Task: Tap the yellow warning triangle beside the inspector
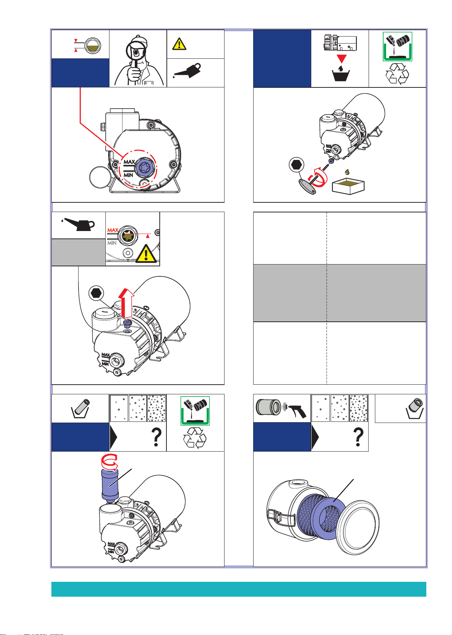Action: click(179, 44)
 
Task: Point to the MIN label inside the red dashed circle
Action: click(128, 175)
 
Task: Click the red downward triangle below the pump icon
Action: click(342, 59)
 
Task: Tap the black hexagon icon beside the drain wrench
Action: click(296, 164)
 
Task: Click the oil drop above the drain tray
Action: click(347, 172)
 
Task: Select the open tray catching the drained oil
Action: click(348, 186)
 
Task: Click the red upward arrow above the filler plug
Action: click(127, 303)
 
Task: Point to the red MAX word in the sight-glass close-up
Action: click(113, 230)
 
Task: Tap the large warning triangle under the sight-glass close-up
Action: click(146, 253)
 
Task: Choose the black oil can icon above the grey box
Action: click(78, 224)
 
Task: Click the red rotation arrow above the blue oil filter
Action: click(109, 462)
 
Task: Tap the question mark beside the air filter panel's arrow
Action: click(359, 437)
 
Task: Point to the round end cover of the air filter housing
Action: click(357, 527)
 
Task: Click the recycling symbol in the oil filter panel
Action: click(195, 438)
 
